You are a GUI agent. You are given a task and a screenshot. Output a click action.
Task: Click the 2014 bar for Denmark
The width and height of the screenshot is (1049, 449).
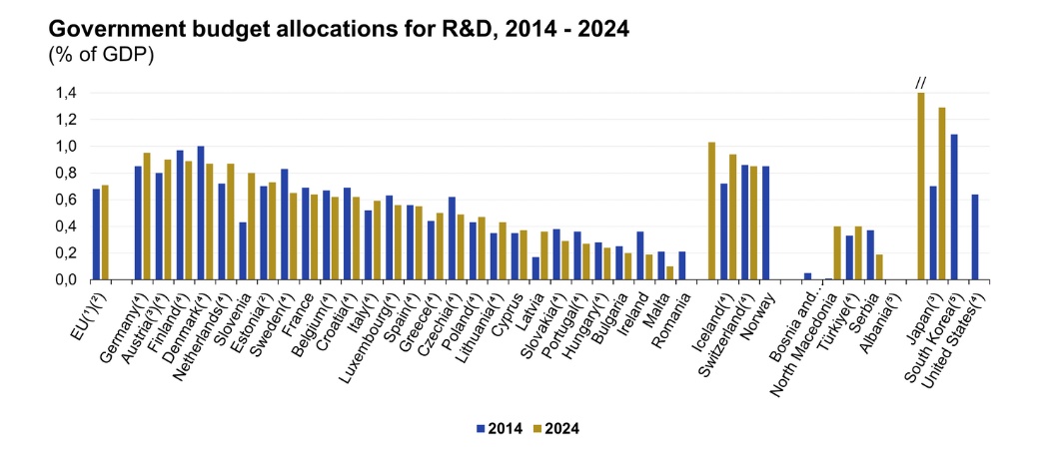click(x=201, y=213)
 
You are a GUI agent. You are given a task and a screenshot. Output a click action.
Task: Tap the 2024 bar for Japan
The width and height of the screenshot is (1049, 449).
click(x=920, y=186)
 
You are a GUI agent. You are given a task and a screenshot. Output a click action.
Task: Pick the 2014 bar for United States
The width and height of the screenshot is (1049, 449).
click(x=974, y=236)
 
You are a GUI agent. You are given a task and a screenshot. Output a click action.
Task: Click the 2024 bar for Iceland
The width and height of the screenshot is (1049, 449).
click(x=711, y=211)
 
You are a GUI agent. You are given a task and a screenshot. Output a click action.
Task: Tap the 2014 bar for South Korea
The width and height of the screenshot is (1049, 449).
click(x=953, y=207)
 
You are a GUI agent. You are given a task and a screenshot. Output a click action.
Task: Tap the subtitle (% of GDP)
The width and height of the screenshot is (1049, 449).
click(x=99, y=54)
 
